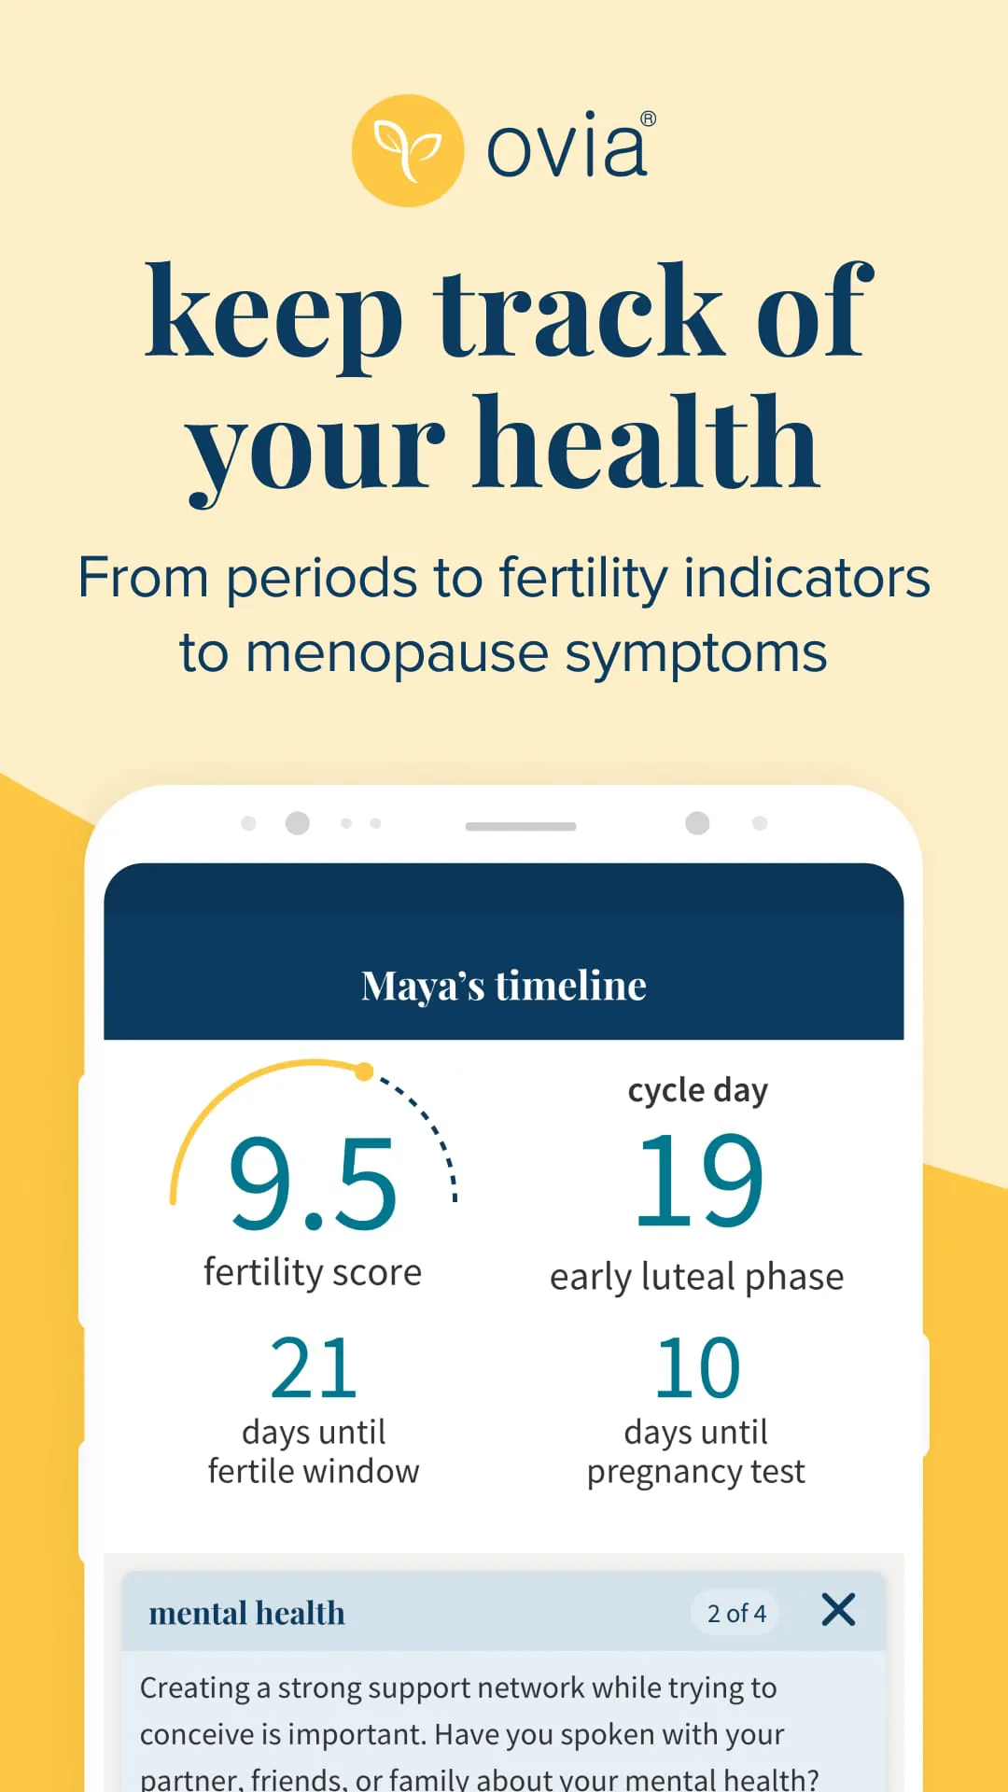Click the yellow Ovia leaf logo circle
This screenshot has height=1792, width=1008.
408,150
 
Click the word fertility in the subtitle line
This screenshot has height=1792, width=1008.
583,578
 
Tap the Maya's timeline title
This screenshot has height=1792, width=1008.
504,986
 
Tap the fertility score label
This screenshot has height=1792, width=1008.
313,1273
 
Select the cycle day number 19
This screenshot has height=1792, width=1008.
698,1181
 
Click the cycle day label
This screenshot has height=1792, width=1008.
698,1090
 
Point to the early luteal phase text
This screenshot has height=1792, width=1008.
696,1277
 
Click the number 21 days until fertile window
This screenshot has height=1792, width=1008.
314,1368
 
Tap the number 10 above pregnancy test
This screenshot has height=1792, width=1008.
698,1368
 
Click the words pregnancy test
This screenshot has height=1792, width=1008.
696,1472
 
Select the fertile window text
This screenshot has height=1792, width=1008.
314,1472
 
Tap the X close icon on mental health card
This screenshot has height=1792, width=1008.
838,1610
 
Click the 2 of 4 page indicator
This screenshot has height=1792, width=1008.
736,1613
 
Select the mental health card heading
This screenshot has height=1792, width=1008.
247,1613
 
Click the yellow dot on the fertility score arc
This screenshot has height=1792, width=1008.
364,1071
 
